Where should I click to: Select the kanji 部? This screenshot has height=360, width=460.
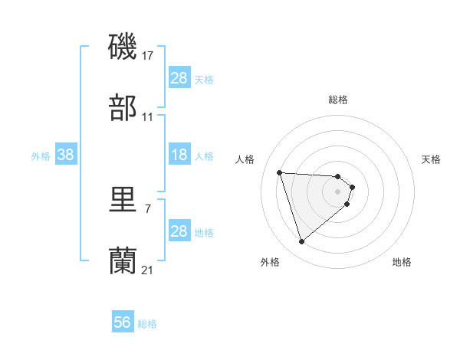tap(123, 107)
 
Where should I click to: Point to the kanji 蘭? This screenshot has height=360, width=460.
tap(123, 260)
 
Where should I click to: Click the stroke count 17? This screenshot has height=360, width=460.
tap(148, 55)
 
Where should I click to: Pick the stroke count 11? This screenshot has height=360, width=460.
tap(148, 116)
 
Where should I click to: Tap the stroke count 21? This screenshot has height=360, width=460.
tap(148, 270)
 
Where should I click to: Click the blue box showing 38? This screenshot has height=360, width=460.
tap(66, 155)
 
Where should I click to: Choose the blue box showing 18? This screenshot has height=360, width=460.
tap(179, 155)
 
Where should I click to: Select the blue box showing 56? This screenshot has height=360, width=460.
tap(123, 323)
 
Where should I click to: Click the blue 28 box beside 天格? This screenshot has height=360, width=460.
tap(179, 78)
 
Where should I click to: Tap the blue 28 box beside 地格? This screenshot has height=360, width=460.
tap(179, 231)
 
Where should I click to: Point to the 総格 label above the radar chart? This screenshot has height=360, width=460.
tap(338, 100)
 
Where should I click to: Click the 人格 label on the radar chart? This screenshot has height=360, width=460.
tap(246, 159)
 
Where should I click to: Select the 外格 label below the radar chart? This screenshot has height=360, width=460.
tap(270, 263)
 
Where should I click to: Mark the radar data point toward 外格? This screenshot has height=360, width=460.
tap(301, 242)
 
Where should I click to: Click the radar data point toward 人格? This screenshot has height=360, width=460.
tap(280, 172)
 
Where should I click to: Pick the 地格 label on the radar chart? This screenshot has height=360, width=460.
tap(402, 263)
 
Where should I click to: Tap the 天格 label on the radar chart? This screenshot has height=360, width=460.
tap(431, 159)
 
